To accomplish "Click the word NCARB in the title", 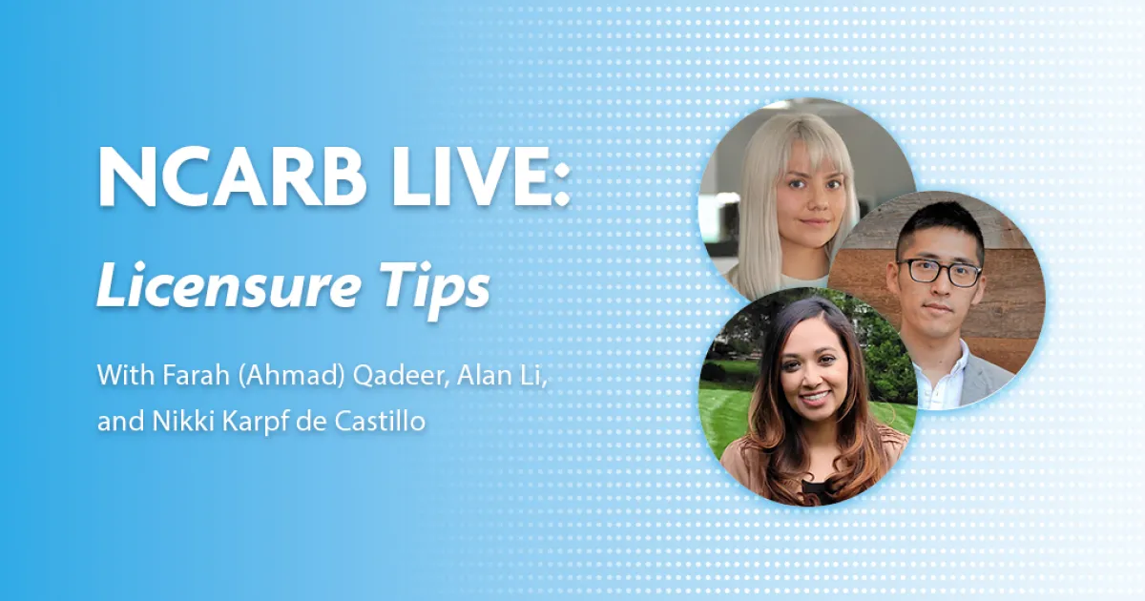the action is [x=232, y=177].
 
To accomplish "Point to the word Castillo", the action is [x=381, y=422].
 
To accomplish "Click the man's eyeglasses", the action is [x=941, y=271].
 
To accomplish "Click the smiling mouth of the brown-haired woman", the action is [x=815, y=397].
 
